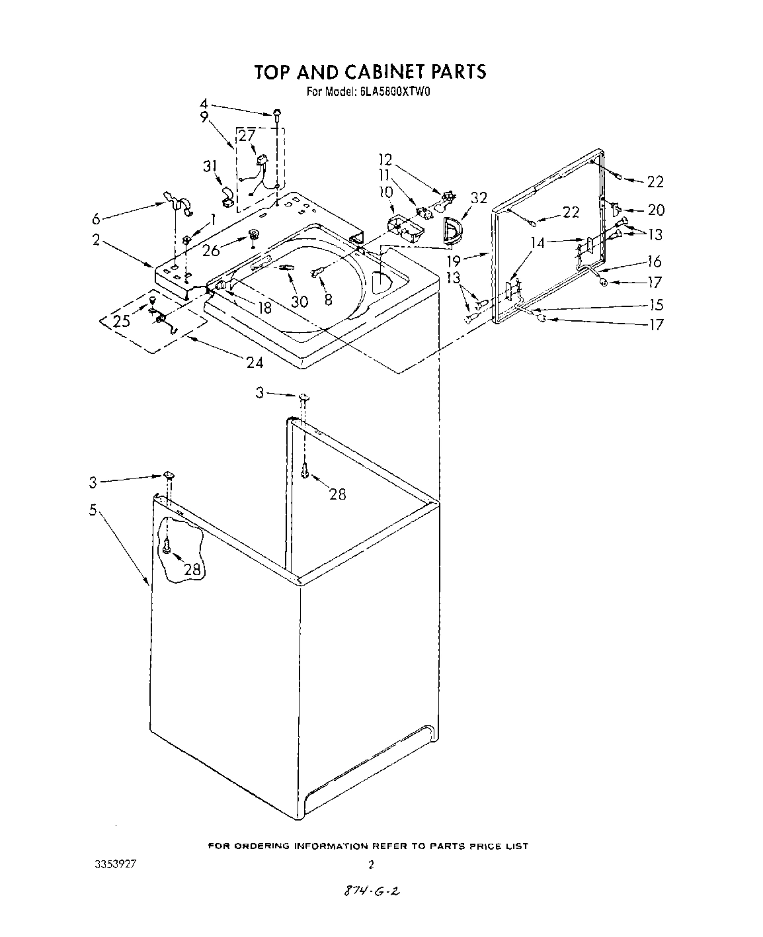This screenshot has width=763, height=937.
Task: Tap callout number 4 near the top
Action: (x=204, y=104)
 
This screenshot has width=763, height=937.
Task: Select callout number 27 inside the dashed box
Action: (x=247, y=136)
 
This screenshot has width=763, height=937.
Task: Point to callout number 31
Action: (x=210, y=167)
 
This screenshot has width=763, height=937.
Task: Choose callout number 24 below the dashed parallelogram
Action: (x=254, y=362)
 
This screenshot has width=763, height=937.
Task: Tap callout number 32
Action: (x=479, y=198)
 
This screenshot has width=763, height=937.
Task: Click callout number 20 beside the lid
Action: (x=655, y=210)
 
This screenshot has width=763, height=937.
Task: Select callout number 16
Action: (x=655, y=261)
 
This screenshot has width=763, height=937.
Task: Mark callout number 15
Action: (x=655, y=305)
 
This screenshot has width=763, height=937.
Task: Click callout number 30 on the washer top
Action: (x=300, y=301)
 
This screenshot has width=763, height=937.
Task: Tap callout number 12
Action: (x=385, y=159)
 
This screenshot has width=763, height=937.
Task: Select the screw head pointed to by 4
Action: (x=278, y=114)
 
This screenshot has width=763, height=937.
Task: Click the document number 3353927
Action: (x=123, y=864)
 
